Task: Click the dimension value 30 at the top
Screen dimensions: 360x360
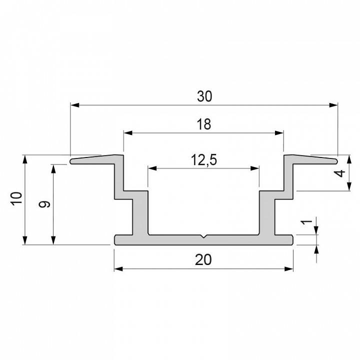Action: [204, 96]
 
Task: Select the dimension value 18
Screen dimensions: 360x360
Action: [204, 124]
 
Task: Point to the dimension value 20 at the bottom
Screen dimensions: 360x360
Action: [204, 260]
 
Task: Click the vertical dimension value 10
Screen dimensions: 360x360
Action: [17, 198]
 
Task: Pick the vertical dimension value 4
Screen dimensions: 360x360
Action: [340, 173]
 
